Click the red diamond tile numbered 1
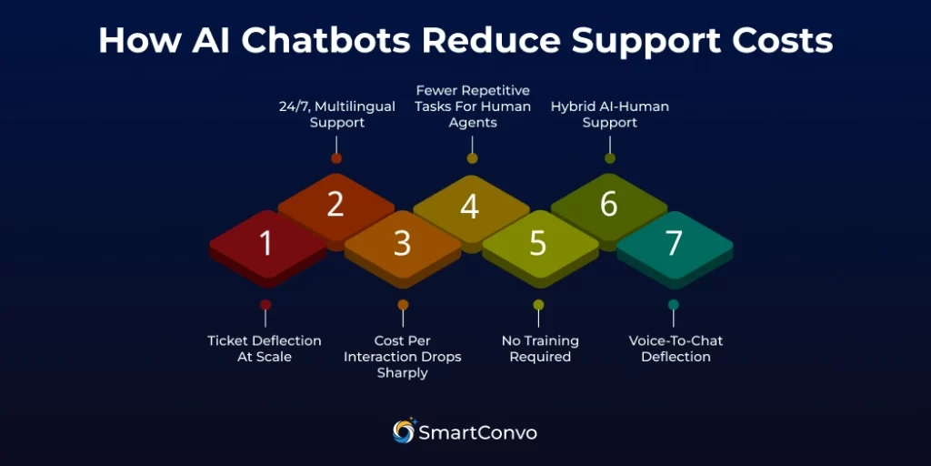pos(266,244)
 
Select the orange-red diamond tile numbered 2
pos(335,205)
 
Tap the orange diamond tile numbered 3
pos(402,244)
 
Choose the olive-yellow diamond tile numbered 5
pos(538,244)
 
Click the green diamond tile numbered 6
pos(608,206)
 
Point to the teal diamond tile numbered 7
pos(674,244)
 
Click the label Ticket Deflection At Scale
pos(265,349)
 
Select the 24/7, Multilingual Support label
pos(336,114)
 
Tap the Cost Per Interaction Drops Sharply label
pos(402,357)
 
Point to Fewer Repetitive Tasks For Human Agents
pos(472,106)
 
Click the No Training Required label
pos(540,349)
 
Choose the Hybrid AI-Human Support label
pos(609,114)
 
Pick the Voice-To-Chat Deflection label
pos(676,349)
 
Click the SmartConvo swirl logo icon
pos(404,431)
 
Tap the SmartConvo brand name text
pos(477,432)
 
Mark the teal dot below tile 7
pos(674,305)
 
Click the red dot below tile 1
pos(265,305)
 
